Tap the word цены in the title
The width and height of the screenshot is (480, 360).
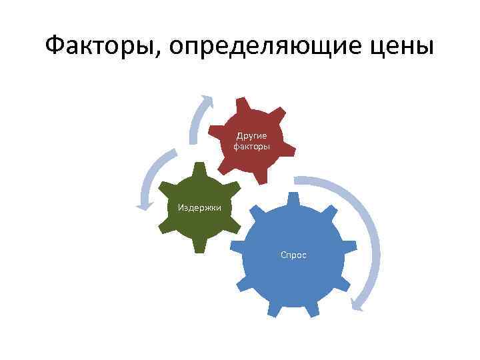point(403,47)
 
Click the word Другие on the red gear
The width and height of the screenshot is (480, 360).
point(251,135)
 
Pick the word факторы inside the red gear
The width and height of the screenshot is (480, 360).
point(251,145)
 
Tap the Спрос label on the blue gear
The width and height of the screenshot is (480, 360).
point(293,255)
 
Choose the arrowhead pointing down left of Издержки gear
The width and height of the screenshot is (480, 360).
point(141,205)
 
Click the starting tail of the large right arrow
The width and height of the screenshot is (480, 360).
point(297,179)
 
